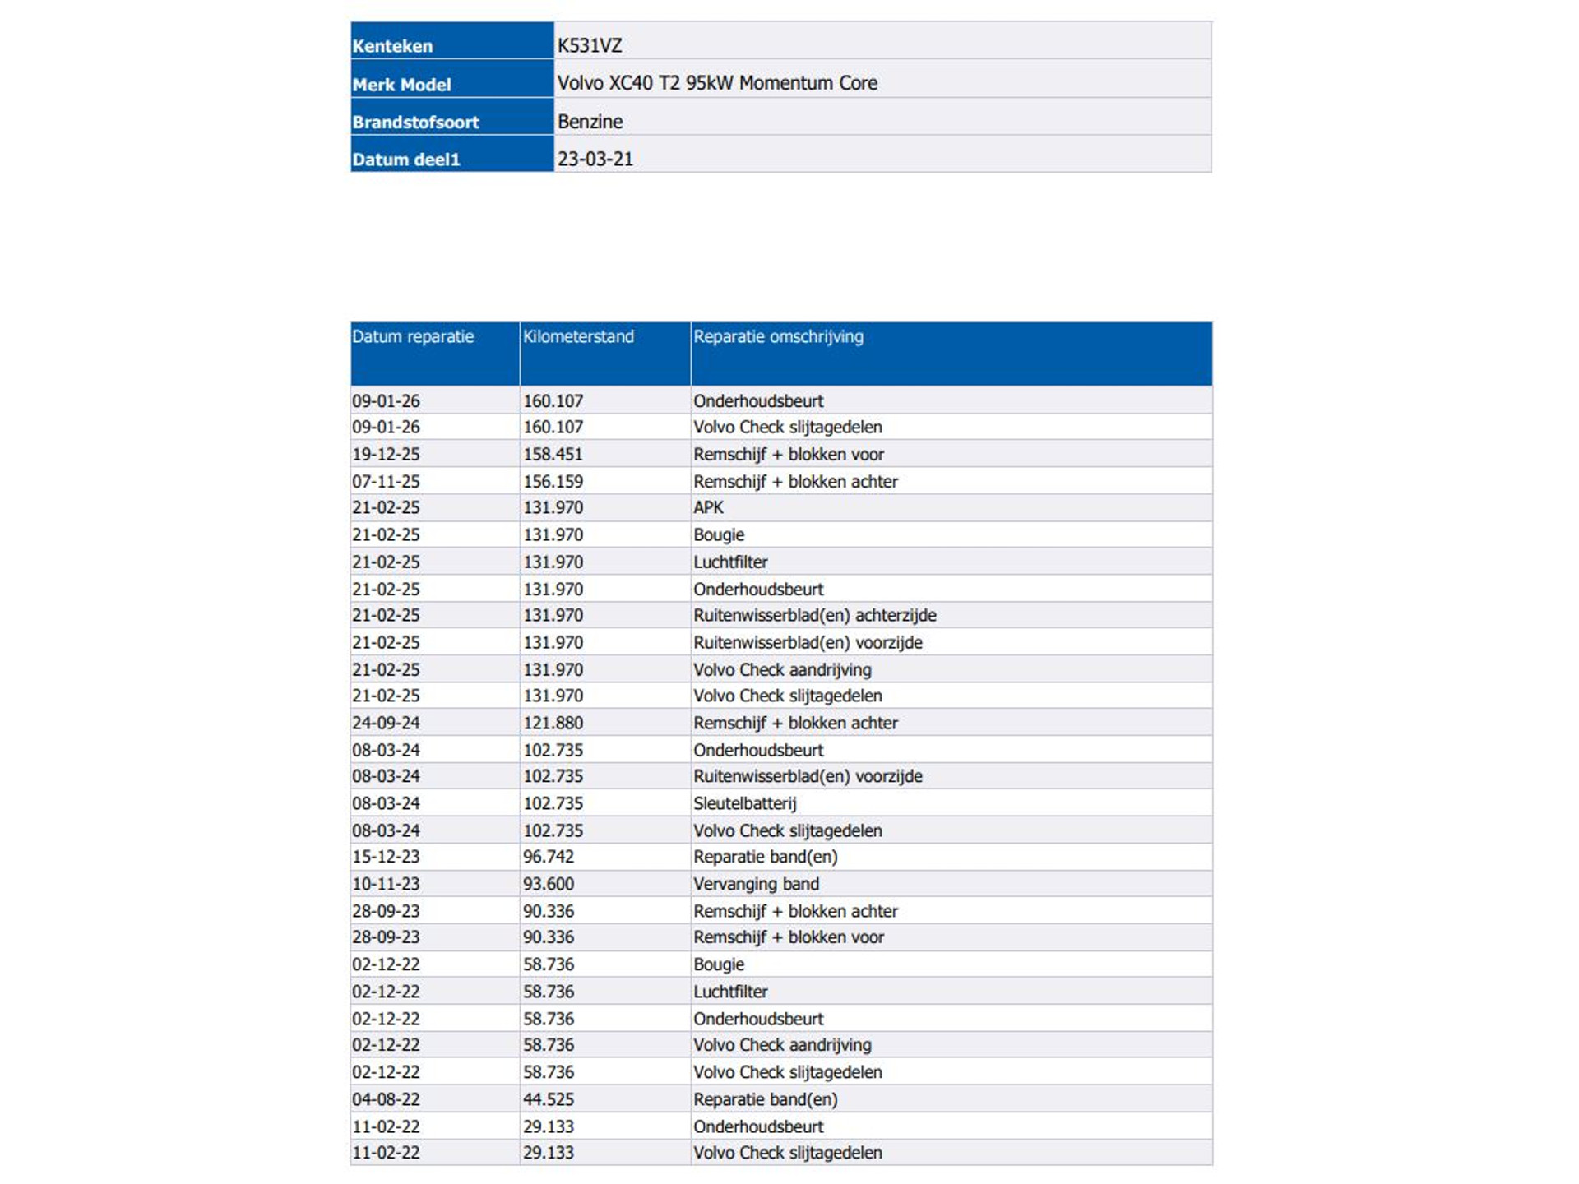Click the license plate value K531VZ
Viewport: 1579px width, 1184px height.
point(589,45)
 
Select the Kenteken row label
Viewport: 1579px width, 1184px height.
point(392,46)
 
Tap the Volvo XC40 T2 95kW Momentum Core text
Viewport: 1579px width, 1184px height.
point(717,83)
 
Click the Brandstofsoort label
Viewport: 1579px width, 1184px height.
point(415,123)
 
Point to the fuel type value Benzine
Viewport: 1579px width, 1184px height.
point(590,122)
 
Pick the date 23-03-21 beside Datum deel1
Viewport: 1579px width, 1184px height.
point(595,160)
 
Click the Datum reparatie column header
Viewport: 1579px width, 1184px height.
point(413,336)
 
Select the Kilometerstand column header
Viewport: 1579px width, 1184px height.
point(578,336)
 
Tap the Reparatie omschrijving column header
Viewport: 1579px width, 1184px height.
point(778,336)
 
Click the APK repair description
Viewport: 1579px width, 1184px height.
point(708,507)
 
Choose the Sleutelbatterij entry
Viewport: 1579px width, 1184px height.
point(744,803)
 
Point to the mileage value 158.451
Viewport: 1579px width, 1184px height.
point(553,454)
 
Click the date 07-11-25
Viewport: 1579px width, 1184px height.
point(386,481)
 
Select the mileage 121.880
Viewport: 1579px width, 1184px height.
point(553,723)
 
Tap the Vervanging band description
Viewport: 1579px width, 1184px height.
point(756,884)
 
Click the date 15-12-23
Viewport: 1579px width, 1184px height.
point(386,857)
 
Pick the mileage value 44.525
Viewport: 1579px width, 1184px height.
point(549,1099)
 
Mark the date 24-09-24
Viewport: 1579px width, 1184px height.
point(386,723)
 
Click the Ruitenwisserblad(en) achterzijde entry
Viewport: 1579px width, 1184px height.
point(814,615)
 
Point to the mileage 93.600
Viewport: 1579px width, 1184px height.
point(549,884)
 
